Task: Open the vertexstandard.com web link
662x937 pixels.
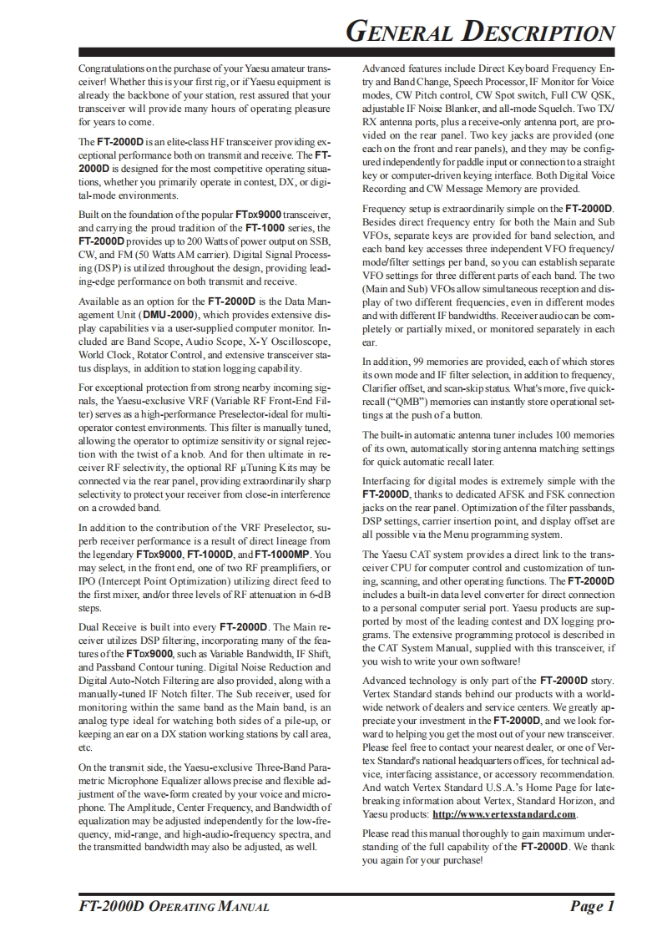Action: pos(504,814)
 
